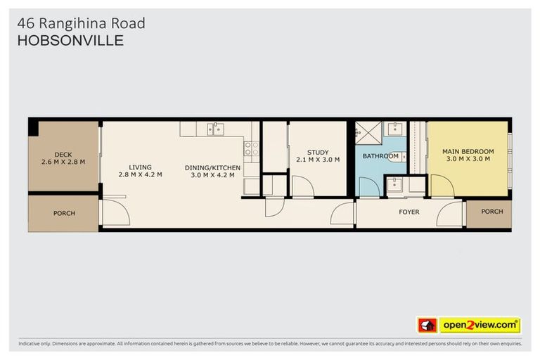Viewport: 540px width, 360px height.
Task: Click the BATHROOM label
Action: pos(380,156)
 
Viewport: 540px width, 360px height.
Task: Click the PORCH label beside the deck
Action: pos(64,213)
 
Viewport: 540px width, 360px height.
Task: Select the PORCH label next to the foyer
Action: pos(492,212)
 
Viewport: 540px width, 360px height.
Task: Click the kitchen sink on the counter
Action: pos(214,129)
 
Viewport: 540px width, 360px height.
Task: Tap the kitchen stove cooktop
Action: pos(251,148)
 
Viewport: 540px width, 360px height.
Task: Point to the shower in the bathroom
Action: pos(367,131)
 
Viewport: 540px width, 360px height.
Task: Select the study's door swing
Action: pos(303,187)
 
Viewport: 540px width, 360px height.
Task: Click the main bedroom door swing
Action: pos(442,186)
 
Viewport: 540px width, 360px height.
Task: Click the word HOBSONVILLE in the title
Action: pos(70,41)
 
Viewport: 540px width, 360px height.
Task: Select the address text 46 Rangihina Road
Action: pos(81,23)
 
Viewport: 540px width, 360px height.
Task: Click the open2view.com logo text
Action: pos(480,326)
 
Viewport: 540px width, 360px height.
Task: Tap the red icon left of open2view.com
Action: pos(427,326)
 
